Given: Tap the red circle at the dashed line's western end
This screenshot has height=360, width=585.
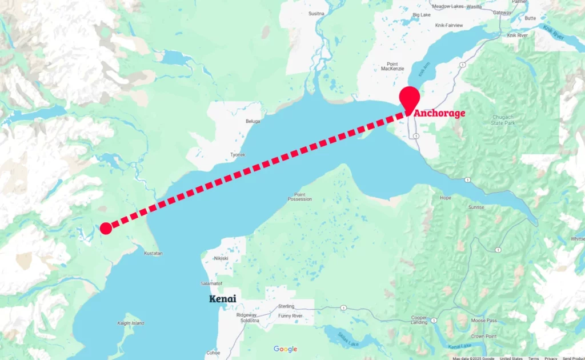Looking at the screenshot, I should (x=106, y=229).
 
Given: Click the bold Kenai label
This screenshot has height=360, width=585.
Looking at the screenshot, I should (x=222, y=299).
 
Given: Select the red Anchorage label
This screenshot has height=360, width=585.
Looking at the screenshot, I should (x=439, y=113).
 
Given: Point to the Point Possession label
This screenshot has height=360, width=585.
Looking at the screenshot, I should (x=300, y=196).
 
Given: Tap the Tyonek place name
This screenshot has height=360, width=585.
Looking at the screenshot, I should (x=238, y=155).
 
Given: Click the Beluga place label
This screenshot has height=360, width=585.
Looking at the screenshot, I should (x=253, y=122).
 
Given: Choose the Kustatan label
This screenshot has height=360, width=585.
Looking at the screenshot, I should (x=154, y=253).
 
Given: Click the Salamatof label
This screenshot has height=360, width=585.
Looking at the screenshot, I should (x=211, y=283).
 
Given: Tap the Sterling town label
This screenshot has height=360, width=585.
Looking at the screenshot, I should (x=286, y=307).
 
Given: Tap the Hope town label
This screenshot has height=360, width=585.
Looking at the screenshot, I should (x=446, y=198).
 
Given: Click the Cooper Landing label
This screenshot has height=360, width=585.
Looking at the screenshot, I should (x=419, y=319).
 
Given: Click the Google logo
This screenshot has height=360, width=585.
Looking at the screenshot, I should (x=285, y=349).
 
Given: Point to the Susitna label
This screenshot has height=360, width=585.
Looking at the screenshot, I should (x=316, y=13).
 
